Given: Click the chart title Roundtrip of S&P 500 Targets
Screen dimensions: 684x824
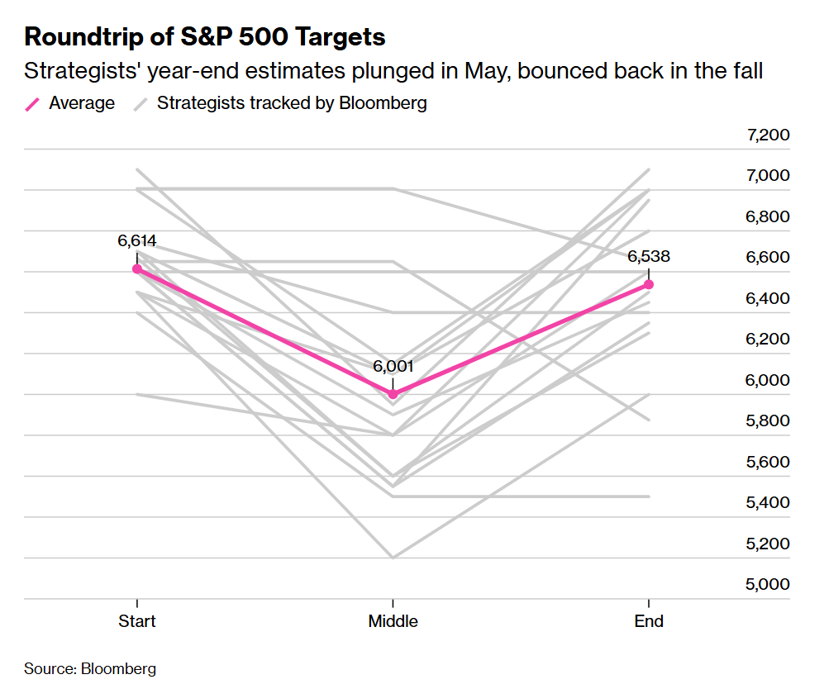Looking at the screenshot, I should [205, 37].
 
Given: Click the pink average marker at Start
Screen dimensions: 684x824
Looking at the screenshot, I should [137, 268].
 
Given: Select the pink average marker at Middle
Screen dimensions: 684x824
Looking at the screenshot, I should [393, 394].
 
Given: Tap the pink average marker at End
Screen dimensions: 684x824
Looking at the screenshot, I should [649, 284].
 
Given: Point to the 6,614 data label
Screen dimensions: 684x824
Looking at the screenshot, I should [137, 241].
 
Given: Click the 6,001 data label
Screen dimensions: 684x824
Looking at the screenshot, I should [393, 367].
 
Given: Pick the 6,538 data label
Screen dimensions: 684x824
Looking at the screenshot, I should [649, 256].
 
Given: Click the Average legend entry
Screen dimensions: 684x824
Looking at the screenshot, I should [82, 103].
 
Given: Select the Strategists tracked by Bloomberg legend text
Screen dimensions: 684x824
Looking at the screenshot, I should [292, 103].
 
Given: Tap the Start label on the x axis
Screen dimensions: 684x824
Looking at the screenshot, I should [137, 621].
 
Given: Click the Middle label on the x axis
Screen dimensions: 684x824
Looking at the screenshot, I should [393, 621].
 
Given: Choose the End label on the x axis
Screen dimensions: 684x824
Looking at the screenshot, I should [649, 621].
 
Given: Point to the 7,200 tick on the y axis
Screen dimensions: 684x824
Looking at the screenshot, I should [768, 135].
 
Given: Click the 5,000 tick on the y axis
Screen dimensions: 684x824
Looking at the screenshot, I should [768, 584].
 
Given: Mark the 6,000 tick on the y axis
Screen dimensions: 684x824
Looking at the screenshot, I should [768, 380].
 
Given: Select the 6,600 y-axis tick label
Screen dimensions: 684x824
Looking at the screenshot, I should [768, 258].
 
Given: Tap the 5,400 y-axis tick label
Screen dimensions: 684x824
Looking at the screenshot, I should [768, 502].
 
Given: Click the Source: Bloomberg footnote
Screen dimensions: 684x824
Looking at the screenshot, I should [90, 668].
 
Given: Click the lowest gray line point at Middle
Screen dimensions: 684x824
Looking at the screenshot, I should [393, 558].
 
